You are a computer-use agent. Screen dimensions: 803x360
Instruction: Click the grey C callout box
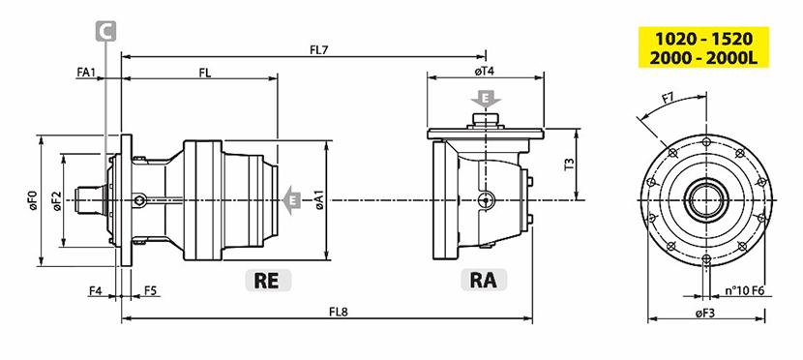pyautogui.click(x=106, y=31)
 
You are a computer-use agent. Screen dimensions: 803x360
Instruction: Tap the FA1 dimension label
pyautogui.click(x=86, y=73)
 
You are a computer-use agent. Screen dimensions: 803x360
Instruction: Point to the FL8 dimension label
pyautogui.click(x=339, y=312)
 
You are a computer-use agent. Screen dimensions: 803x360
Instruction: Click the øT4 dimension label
pyautogui.click(x=484, y=72)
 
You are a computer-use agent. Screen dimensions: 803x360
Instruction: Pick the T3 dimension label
pyautogui.click(x=570, y=164)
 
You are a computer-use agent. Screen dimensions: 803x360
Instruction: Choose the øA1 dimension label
pyautogui.click(x=319, y=200)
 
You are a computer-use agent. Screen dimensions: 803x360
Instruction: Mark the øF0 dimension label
pyautogui.click(x=32, y=199)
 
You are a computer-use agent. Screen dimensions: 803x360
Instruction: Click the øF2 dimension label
pyautogui.click(x=56, y=200)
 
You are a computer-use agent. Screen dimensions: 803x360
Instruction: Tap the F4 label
pyautogui.click(x=96, y=290)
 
